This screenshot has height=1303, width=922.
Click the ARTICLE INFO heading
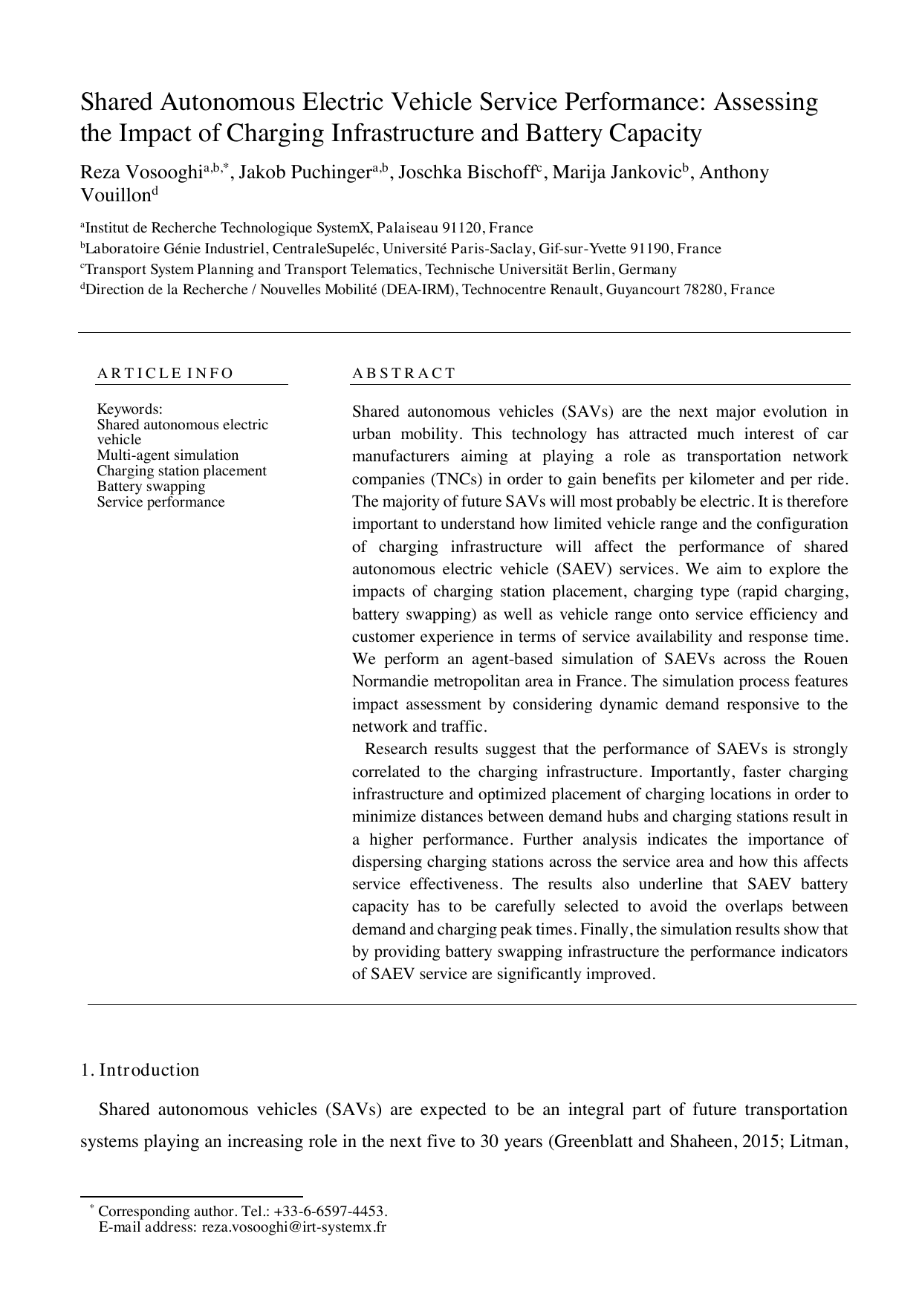[x=165, y=373]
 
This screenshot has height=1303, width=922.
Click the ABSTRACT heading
[x=403, y=373]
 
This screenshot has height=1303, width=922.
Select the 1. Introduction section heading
[x=140, y=1070]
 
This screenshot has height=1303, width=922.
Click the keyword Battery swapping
[x=151, y=487]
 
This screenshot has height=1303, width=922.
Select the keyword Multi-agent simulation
[x=168, y=455]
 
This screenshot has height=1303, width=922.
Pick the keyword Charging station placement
[x=181, y=471]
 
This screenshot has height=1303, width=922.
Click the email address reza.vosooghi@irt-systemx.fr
[x=294, y=1226]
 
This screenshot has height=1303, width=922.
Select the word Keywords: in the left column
[x=129, y=409]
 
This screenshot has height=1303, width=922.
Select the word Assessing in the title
[x=766, y=102]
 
